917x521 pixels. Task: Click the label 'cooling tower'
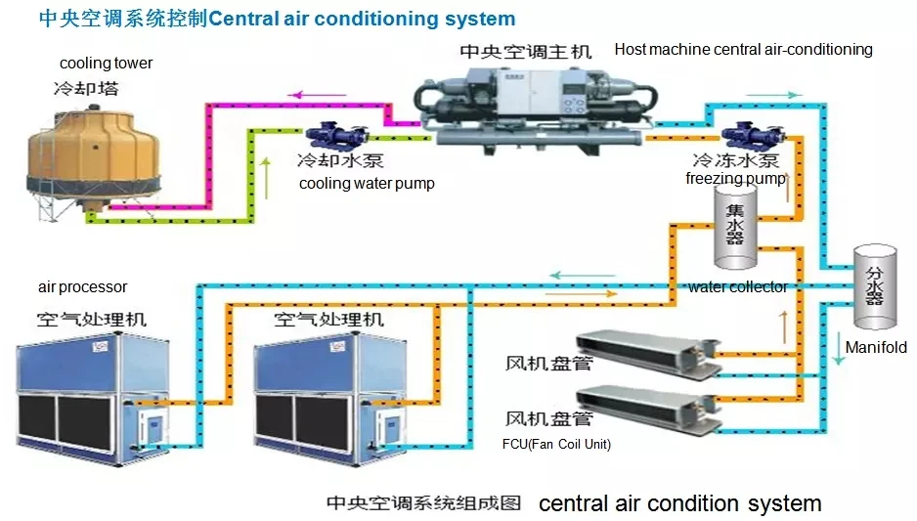[107, 64]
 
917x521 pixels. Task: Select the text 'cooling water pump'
[367, 184]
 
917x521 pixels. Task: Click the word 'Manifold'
[875, 347]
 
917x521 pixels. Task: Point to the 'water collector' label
[737, 287]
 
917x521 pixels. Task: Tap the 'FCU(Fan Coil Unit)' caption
[556, 445]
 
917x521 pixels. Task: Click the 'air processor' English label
[83, 287]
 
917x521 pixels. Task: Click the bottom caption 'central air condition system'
[679, 503]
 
